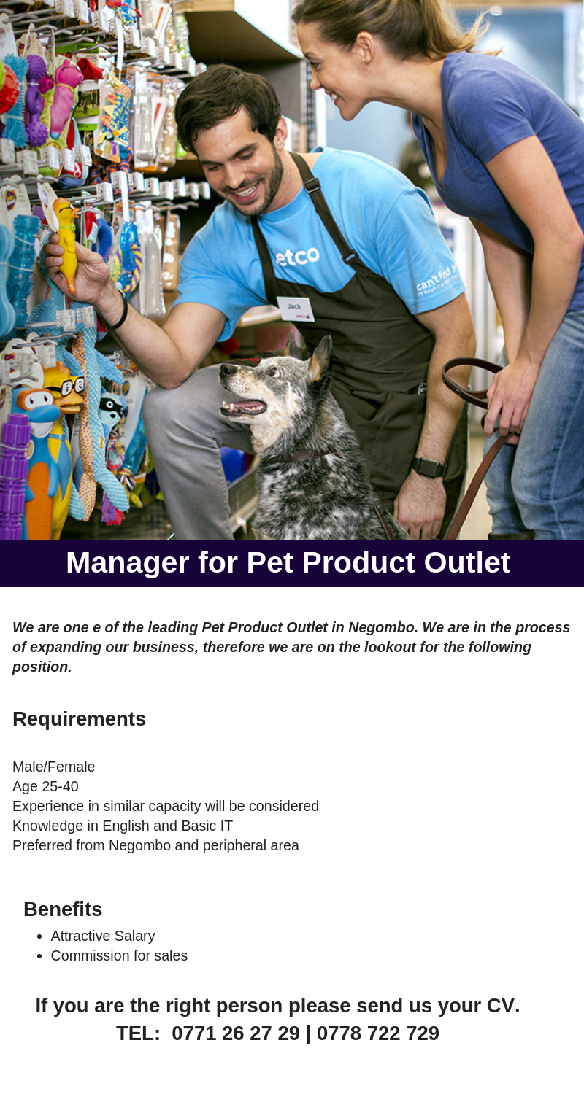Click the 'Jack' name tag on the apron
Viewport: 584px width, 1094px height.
295,309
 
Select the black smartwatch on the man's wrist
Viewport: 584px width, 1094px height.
429,468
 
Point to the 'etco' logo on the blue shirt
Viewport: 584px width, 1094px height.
296,256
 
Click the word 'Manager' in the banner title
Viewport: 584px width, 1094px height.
128,563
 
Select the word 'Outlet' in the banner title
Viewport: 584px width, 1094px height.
467,562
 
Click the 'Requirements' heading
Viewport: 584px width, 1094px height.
79,719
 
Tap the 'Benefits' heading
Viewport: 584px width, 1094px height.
63,909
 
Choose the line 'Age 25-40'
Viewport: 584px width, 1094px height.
45,786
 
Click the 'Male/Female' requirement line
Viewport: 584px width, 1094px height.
54,767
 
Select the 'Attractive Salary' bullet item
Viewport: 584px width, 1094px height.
103,936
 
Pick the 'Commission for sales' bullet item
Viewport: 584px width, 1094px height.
119,955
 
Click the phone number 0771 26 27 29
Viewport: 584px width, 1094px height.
236,1033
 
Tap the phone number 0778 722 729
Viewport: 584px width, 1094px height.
378,1033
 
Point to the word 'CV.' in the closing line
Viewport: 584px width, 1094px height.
504,1006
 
